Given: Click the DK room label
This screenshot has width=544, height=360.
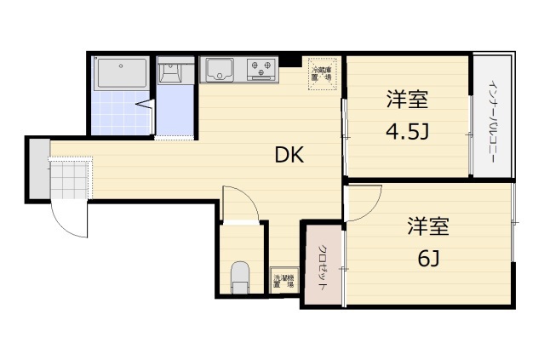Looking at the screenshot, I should [289, 155].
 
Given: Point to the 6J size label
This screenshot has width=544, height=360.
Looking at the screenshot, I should [428, 258].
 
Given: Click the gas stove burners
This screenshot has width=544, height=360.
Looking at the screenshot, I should [261, 67].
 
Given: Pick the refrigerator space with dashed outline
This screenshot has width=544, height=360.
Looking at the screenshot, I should [323, 73].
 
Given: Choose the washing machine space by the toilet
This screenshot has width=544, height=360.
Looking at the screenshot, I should [283, 280].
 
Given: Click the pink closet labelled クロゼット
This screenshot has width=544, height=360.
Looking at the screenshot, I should [324, 265].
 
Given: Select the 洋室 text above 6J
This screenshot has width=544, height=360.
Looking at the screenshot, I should [427, 227].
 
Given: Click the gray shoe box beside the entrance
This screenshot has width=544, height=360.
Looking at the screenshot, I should [37, 168].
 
